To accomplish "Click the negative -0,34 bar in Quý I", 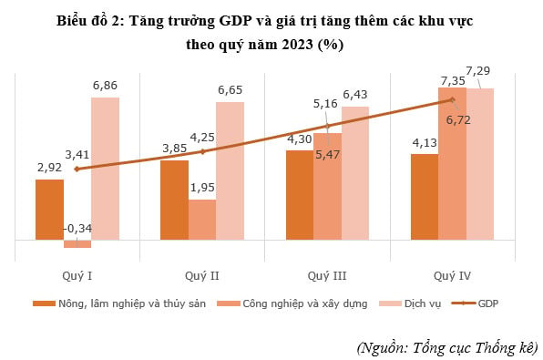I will (77, 244).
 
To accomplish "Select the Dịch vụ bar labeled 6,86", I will (105, 169).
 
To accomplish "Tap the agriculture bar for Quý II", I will (174, 201).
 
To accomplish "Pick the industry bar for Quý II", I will (201, 220).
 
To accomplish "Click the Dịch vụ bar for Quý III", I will (354, 173).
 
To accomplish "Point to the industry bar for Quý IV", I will (452, 164).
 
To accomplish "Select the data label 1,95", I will (202, 188).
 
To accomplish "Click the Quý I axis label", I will (77, 273).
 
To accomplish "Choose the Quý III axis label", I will (326, 273).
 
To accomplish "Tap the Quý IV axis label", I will (452, 273).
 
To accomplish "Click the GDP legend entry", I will (487, 303).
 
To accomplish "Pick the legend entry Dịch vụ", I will (423, 303).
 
